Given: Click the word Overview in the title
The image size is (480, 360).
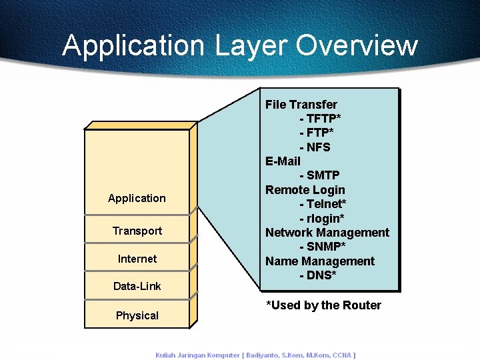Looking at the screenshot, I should coord(357,45).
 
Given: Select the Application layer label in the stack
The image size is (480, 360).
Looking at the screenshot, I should coord(137,198).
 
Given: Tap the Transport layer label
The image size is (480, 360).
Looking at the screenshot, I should coord(137,231).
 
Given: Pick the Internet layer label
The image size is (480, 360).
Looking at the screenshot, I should coord(137,259).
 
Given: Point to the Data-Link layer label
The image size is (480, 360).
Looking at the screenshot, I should coord(137,286).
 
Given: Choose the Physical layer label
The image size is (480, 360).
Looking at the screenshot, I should coord(137,315).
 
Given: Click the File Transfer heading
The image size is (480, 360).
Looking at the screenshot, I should coord(301,105).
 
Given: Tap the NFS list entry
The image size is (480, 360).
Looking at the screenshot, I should coord(315,147).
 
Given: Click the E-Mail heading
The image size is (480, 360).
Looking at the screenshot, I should coord(283,161).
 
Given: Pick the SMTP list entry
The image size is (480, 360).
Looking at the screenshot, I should coord(319,175).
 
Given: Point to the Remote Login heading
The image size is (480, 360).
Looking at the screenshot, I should coord(305,190).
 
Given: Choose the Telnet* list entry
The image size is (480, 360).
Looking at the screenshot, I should coord(323,204).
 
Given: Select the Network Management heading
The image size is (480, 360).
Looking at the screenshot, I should coord(327,233).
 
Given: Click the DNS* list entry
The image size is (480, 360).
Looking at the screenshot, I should coord(317,275).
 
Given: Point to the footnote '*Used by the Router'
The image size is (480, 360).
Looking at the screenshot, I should coord(323,305).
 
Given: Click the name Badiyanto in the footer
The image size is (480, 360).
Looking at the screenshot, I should coord(271,355).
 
